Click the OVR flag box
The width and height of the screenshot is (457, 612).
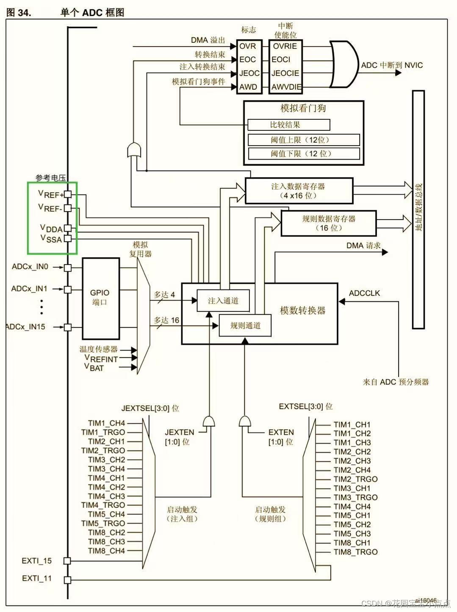click(x=249, y=46)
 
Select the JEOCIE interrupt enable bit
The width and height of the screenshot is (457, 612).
click(x=285, y=73)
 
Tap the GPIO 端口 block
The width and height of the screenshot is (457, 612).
click(x=101, y=298)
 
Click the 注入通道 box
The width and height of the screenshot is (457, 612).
click(x=223, y=300)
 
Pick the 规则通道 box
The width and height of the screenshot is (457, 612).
click(x=245, y=325)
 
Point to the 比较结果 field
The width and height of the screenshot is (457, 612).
click(x=289, y=124)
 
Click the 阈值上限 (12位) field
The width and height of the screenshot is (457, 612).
click(x=304, y=140)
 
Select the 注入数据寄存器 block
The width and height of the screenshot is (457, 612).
click(x=299, y=191)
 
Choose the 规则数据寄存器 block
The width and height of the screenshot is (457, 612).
click(x=329, y=223)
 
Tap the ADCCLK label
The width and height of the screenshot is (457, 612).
click(x=364, y=293)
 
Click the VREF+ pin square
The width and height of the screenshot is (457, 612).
click(x=68, y=194)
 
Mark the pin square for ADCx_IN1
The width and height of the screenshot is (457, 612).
click(x=68, y=289)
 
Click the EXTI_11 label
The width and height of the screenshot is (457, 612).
click(x=37, y=578)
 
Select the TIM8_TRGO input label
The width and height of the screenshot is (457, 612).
click(x=356, y=552)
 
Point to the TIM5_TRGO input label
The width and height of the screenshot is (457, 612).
click(x=103, y=524)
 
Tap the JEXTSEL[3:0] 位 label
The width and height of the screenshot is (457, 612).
click(x=150, y=408)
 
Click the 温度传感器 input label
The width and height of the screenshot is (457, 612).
click(x=99, y=349)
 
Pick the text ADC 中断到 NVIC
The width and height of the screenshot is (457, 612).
click(x=392, y=65)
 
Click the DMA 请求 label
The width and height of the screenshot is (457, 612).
click(x=363, y=245)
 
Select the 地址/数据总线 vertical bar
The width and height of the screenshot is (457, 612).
click(x=418, y=210)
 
